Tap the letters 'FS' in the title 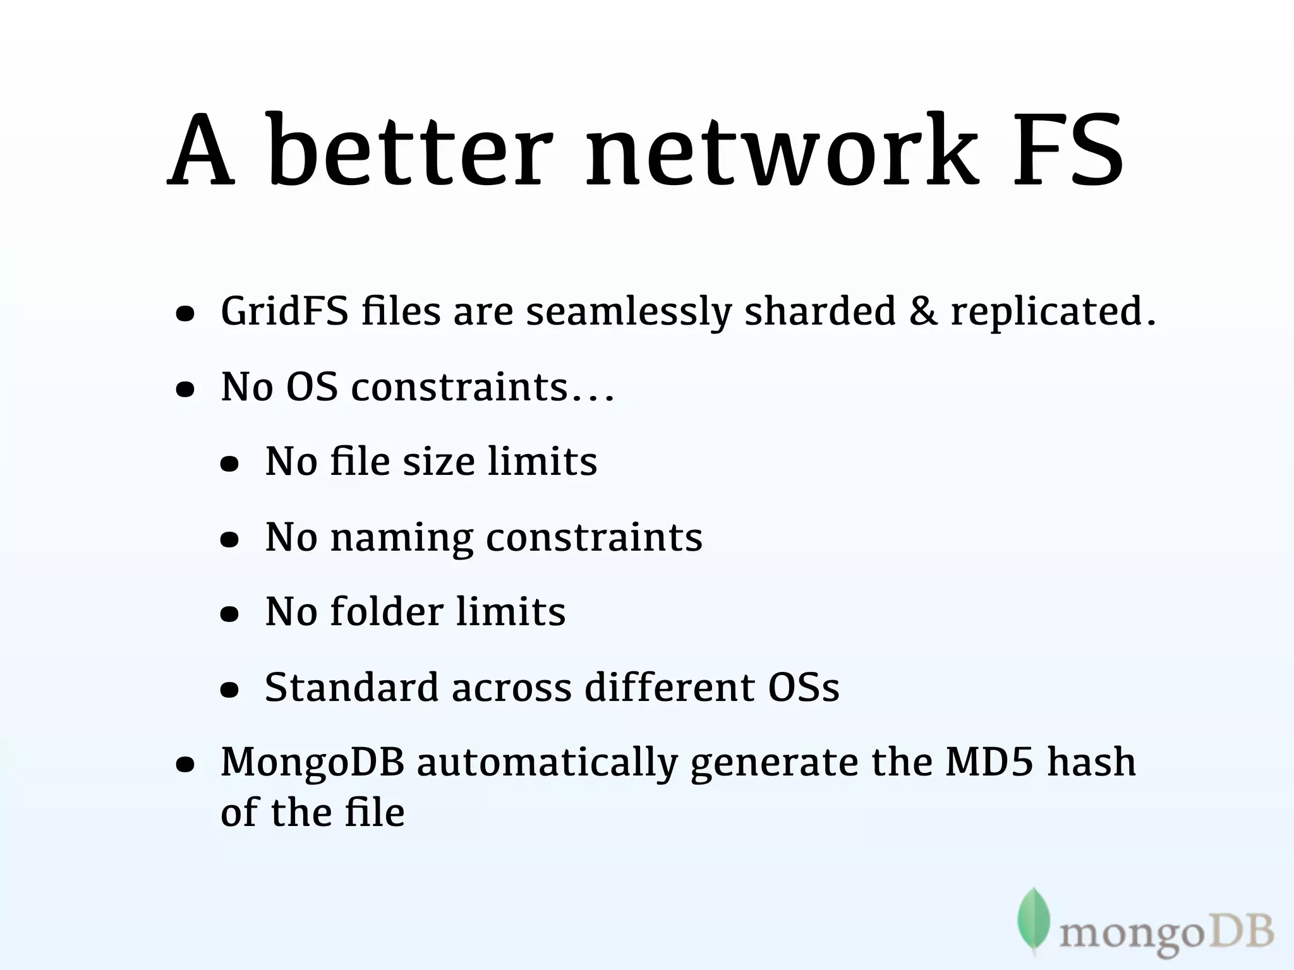click(x=1068, y=152)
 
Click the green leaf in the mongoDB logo click(x=1034, y=919)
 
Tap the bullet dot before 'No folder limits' click(x=229, y=613)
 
